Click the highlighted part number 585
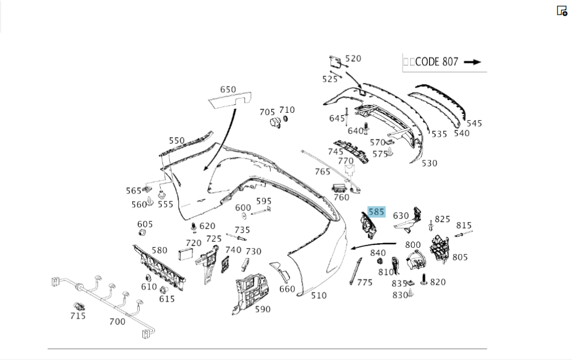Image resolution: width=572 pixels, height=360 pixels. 376,212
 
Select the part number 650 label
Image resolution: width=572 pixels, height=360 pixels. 228,89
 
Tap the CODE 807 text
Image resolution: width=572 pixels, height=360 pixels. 436,62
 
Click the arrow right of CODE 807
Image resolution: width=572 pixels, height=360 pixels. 472,62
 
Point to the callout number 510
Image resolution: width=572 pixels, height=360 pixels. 319,295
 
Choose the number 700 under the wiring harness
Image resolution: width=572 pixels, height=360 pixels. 117,322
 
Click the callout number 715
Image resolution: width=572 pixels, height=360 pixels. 78,316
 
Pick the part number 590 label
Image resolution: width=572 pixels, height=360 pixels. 263,310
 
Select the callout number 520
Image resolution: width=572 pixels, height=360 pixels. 353,58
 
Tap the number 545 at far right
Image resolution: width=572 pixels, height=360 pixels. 474,123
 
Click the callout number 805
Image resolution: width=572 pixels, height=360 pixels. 460,257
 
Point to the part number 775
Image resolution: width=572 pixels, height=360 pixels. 364,282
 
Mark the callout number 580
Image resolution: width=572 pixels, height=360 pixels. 160,250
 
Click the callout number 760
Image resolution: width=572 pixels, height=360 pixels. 341,197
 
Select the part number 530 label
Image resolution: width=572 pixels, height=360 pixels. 430,163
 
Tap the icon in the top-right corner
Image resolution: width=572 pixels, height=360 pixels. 562,11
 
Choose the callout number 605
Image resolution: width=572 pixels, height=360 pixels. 145,224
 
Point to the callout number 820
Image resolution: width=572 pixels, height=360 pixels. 438,282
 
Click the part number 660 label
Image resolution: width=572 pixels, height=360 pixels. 287,289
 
